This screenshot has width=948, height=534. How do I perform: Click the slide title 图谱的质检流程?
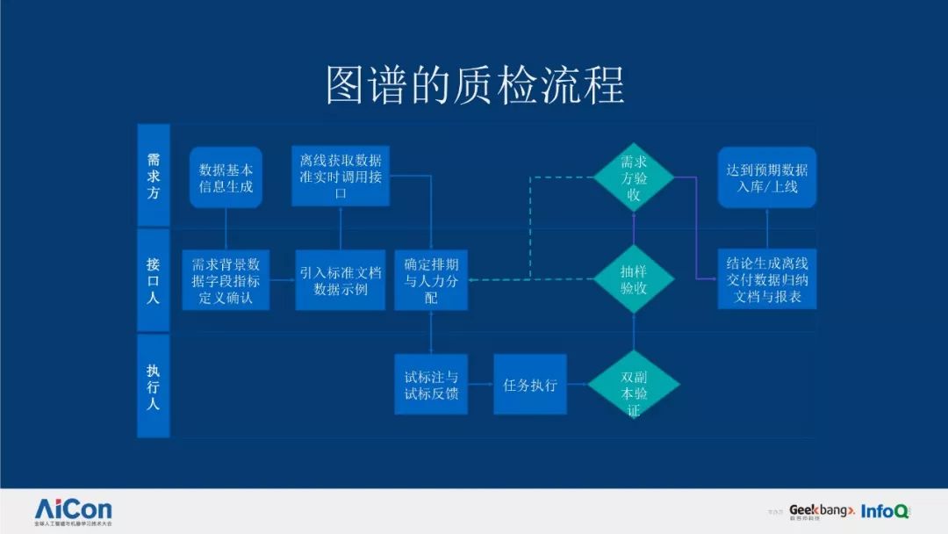coord(474,85)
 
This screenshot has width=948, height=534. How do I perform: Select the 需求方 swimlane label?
coord(154,176)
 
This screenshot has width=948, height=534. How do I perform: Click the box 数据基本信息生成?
coord(226,177)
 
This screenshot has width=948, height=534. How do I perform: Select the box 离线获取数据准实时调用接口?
coord(341,177)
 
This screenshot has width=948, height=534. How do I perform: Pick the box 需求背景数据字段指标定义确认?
coord(226,279)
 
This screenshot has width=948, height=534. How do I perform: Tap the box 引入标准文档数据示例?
coord(341,279)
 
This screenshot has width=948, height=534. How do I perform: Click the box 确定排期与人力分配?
coord(431,279)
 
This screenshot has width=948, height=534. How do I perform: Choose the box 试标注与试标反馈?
coord(431,385)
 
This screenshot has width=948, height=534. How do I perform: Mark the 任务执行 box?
coord(530,385)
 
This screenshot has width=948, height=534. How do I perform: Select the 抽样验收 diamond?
coord(634,279)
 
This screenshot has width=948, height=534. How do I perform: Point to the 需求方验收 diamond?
coord(634,177)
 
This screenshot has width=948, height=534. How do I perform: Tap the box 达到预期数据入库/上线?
coord(767,177)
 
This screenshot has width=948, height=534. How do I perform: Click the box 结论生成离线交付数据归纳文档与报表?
coord(767,279)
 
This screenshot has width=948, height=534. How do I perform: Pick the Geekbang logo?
coord(821,510)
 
